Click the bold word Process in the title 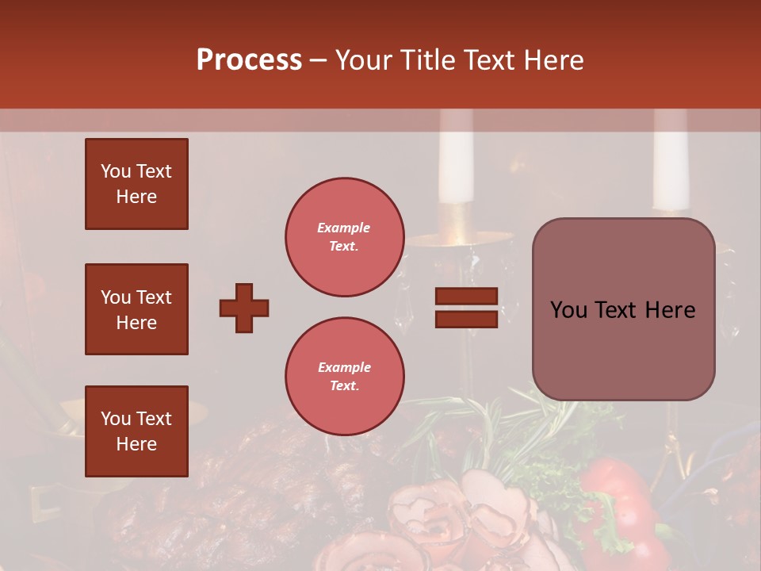[x=249, y=60]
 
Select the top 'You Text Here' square [x=136, y=184]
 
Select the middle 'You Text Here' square [x=136, y=309]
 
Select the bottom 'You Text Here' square [x=136, y=431]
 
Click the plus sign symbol [x=244, y=308]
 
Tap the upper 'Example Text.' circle [x=345, y=237]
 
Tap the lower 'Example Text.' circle [x=345, y=377]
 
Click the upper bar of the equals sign [x=466, y=296]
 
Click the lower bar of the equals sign [x=466, y=319]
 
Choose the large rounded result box [x=623, y=309]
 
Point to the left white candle [x=457, y=159]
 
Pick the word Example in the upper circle [x=344, y=228]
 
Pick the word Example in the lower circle [x=344, y=367]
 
